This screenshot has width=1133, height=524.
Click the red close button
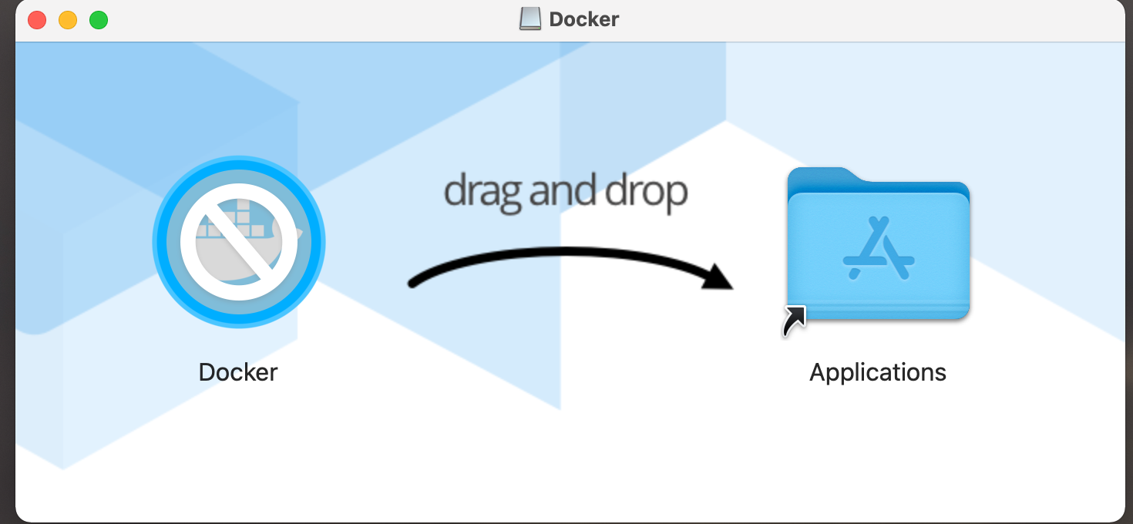(37, 20)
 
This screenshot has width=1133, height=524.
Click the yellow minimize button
(68, 20)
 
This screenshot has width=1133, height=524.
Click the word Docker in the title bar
(583, 19)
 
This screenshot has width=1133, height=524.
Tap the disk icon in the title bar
(530, 19)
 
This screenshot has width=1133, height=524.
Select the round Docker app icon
(238, 242)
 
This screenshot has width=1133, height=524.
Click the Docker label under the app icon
(238, 372)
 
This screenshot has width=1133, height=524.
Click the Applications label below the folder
(877, 372)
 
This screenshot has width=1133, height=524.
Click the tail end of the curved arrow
(413, 284)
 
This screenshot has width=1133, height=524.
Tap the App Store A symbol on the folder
(878, 248)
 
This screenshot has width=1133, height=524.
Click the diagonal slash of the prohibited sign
(238, 242)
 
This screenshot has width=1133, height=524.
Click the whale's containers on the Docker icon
(231, 220)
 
